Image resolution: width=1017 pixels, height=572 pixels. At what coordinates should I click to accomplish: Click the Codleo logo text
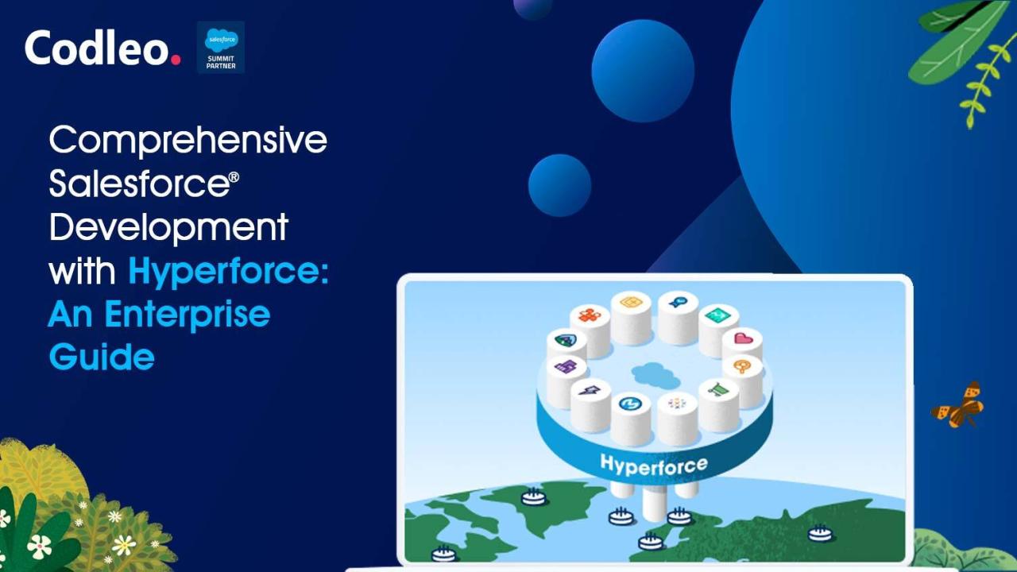click(102, 48)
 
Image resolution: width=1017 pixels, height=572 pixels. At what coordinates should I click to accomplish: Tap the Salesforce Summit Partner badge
click(221, 47)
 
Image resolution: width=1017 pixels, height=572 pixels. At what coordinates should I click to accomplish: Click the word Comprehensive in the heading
click(188, 141)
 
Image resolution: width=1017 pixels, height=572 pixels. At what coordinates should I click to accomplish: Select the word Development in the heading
click(168, 228)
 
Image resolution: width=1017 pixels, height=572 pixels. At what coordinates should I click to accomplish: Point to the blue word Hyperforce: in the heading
click(228, 272)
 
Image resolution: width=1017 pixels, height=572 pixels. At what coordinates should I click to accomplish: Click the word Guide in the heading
click(102, 357)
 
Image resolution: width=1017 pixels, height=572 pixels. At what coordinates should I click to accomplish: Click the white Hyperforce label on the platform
click(654, 466)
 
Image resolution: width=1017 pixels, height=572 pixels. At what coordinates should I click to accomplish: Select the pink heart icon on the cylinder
click(743, 338)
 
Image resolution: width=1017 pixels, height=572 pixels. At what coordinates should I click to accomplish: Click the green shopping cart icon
click(719, 389)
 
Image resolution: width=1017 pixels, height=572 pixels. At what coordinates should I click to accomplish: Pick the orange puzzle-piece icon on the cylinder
click(590, 314)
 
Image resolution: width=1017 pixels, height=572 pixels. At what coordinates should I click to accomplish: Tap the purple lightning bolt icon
click(590, 389)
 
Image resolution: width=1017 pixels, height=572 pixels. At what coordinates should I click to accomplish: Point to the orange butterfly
click(957, 405)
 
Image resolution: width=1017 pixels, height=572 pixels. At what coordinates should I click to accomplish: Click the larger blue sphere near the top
click(643, 71)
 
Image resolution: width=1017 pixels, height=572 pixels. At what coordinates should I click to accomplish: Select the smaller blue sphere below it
click(559, 185)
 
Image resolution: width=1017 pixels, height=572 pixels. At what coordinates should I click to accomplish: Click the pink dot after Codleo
click(176, 60)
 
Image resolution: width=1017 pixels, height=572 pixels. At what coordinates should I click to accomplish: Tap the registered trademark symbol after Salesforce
click(234, 176)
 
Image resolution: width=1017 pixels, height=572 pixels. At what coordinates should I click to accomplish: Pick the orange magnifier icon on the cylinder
click(742, 366)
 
